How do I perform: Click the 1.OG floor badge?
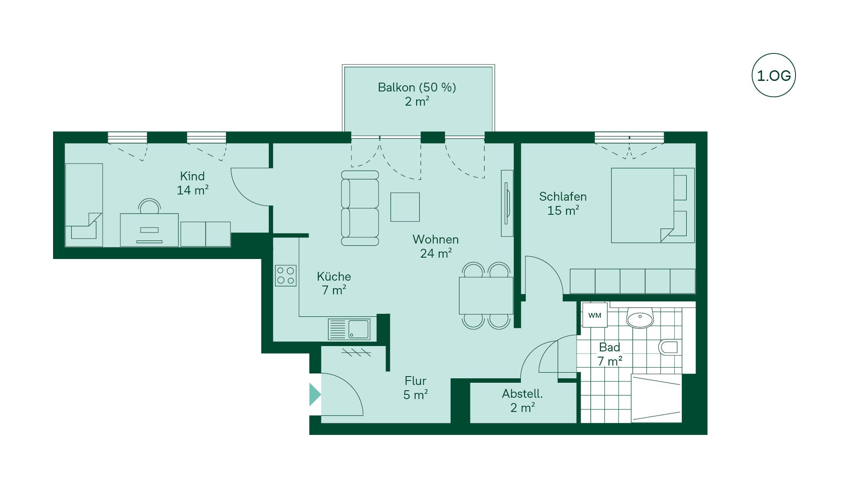click(773, 75)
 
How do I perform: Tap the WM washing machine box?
click(595, 315)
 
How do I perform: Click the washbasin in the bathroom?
click(640, 318)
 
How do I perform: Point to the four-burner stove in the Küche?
click(286, 275)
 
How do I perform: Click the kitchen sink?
click(349, 329)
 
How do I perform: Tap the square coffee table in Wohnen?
click(405, 207)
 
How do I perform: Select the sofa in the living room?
click(360, 208)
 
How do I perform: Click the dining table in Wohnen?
click(486, 295)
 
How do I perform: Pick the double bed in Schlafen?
click(653, 205)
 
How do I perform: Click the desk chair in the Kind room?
click(149, 207)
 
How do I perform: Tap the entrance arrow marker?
click(314, 394)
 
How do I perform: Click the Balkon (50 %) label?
click(417, 88)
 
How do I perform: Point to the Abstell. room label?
click(522, 394)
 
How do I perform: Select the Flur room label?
click(416, 381)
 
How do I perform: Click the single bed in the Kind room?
click(84, 205)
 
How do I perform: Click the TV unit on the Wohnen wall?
click(507, 203)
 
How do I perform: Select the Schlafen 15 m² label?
click(563, 203)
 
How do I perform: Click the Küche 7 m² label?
click(334, 283)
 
